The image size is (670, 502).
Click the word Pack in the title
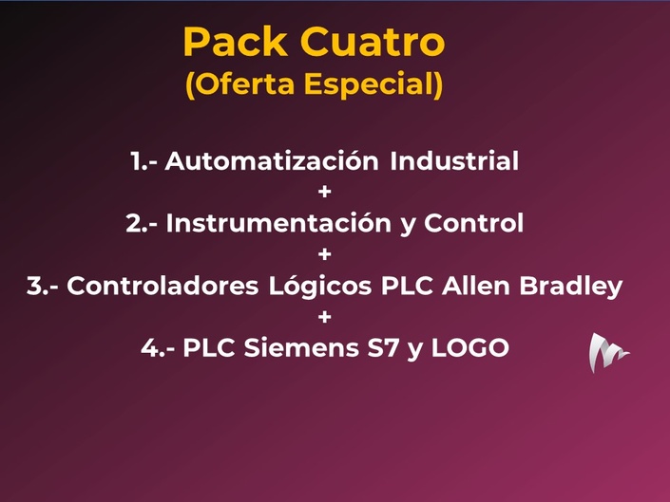pos(236,42)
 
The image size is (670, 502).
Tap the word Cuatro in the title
pos(373,42)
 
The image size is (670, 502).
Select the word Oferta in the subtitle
pos(243,84)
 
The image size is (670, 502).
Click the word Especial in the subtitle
pos(370,84)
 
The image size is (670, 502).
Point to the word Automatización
pos(272,160)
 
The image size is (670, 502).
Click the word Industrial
pos(454,160)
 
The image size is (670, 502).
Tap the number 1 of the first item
pos(136,161)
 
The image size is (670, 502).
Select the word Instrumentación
pos(278,223)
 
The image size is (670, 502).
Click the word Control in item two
pos(474,223)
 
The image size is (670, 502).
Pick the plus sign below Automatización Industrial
pos(325,192)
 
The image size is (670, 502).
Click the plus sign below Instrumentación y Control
pos(325,254)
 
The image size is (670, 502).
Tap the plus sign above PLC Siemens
pos(325,317)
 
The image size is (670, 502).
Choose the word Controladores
pos(163,286)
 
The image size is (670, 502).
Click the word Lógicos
pos(320,287)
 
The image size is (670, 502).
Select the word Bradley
pos(571,287)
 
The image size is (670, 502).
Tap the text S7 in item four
pos(383,348)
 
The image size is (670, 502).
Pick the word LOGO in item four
pos(470,348)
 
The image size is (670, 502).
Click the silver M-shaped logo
pos(606,353)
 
